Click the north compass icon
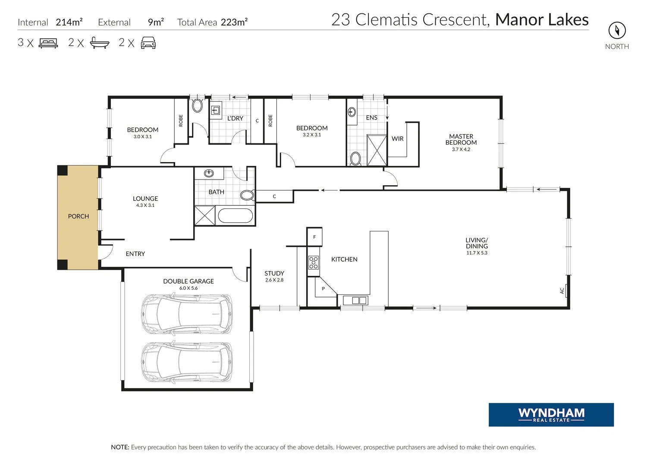617,30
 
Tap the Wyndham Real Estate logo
551,414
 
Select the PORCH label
78,216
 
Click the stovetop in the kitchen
314,262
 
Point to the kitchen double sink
355,300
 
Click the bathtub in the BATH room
235,216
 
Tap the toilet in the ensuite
355,159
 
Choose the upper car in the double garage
187,314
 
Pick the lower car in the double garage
187,362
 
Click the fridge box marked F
314,237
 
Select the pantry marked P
323,288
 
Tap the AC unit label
562,291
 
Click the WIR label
397,139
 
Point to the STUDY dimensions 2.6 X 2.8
274,280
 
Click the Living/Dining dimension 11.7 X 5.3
477,253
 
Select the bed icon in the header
48,43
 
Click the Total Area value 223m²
234,22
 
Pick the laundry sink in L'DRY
216,110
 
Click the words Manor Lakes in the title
542,20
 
